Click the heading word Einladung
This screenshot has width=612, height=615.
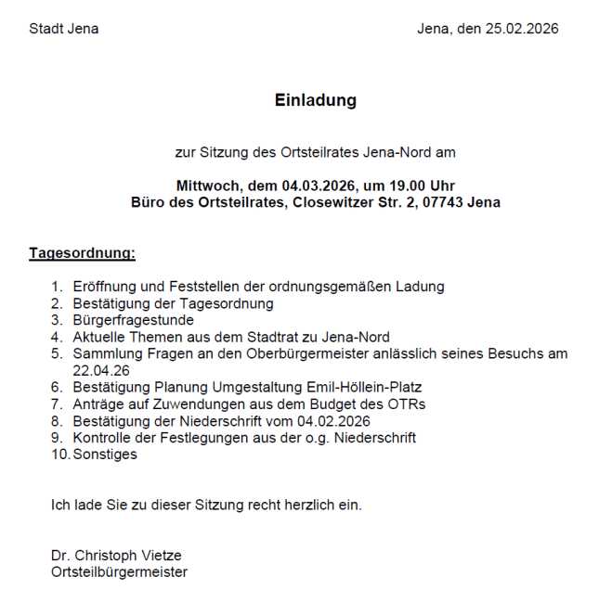(x=315, y=100)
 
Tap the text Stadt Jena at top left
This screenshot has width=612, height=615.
(x=63, y=29)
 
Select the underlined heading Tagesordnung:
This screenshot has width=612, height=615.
(x=82, y=252)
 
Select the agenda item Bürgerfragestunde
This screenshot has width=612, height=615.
(x=133, y=320)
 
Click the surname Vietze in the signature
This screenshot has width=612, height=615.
(x=159, y=556)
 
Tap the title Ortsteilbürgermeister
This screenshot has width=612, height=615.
(x=119, y=572)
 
